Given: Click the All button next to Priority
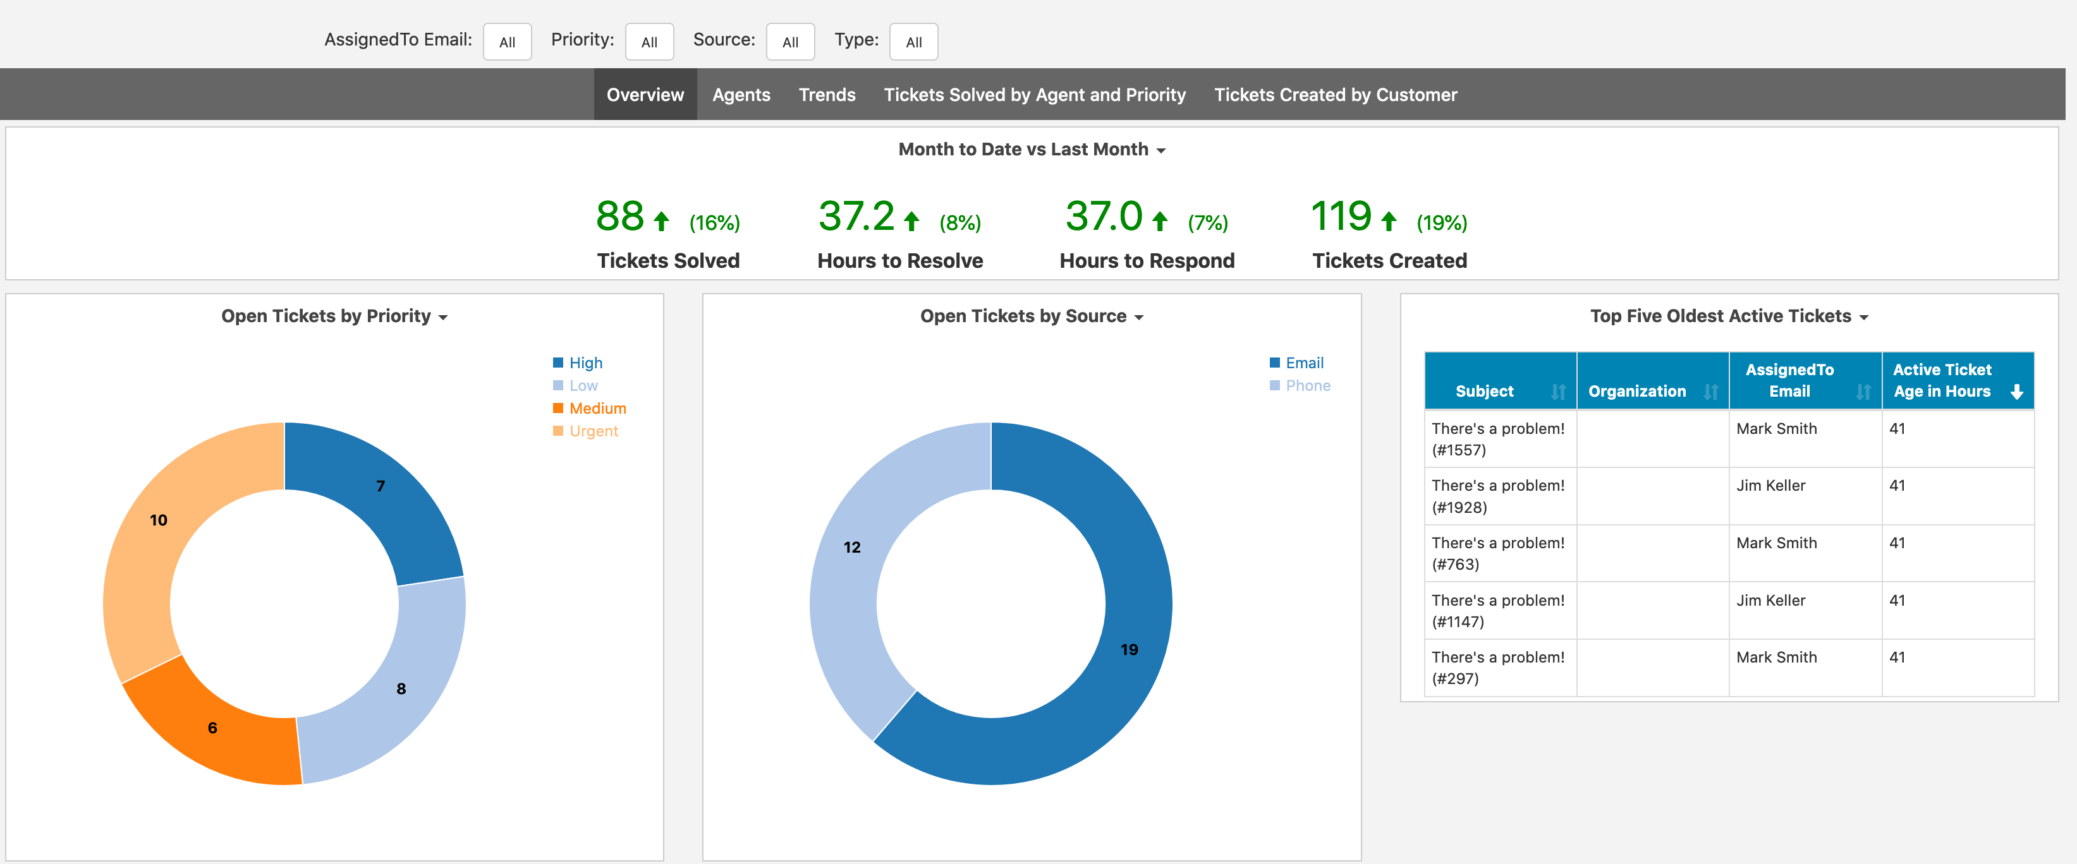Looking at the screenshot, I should [x=649, y=42].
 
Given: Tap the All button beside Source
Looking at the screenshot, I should [x=790, y=42].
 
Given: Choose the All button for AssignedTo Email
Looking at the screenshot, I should [x=507, y=42].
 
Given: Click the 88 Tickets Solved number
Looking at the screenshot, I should [x=619, y=217].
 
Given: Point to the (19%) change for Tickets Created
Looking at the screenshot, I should [x=1442, y=222].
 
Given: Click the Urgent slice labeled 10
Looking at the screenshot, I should [x=145, y=548].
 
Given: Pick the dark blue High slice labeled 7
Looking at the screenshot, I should [x=379, y=500].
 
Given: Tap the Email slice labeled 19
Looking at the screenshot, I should [x=1121, y=645].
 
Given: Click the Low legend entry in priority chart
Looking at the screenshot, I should [x=583, y=386].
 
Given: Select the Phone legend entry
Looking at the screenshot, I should [x=1307, y=386].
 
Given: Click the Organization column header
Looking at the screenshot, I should [x=1637, y=391].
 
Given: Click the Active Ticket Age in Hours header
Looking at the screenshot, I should [x=1942, y=380].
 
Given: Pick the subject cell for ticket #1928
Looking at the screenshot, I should [x=1497, y=496].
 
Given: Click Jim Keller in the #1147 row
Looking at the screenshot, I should [x=1770, y=601].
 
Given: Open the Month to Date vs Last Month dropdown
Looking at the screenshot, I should [x=1032, y=150].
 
